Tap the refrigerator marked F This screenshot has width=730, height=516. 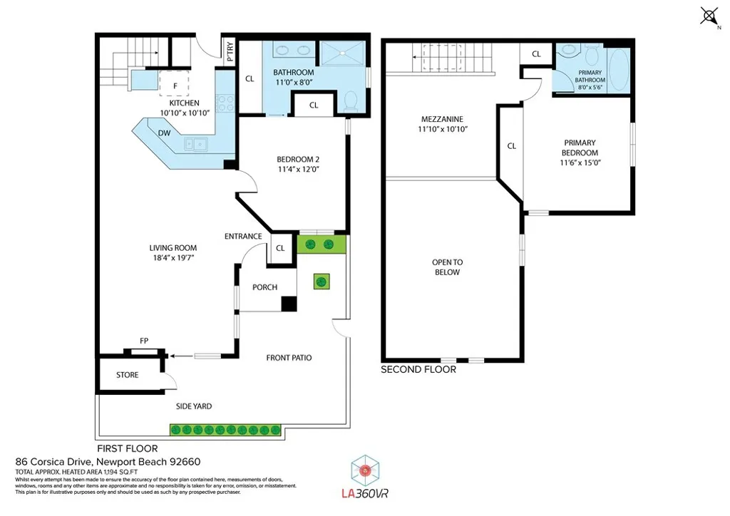click(x=175, y=85)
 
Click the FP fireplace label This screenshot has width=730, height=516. click(x=144, y=341)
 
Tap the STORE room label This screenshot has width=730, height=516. click(x=127, y=375)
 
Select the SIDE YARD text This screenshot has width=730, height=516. click(x=194, y=406)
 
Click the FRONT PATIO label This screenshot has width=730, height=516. click(x=289, y=358)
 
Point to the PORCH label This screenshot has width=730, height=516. click(x=264, y=287)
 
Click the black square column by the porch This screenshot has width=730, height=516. click(x=288, y=304)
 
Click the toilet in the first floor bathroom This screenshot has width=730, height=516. click(x=349, y=102)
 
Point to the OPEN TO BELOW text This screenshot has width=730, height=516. click(x=446, y=267)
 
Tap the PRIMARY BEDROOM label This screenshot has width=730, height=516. click(x=578, y=148)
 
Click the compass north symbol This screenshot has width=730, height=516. click(x=709, y=16)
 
